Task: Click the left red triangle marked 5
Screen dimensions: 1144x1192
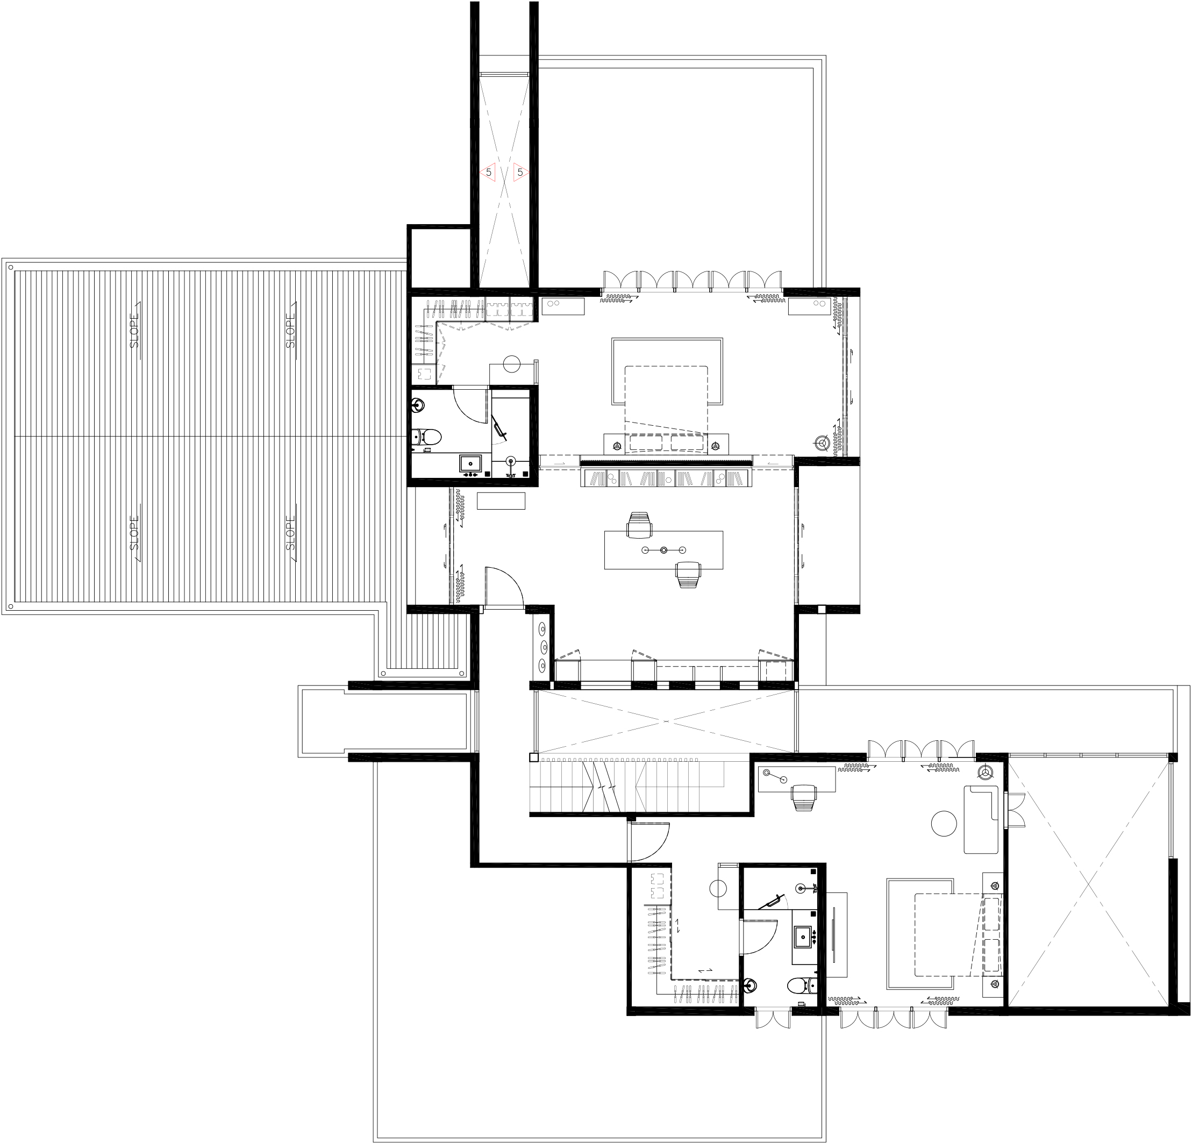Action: click(488, 173)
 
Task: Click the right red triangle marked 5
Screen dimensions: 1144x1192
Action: click(520, 173)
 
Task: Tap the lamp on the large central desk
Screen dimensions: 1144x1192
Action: click(663, 550)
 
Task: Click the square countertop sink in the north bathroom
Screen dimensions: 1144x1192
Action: click(470, 463)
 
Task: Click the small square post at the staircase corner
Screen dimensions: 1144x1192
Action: click(533, 757)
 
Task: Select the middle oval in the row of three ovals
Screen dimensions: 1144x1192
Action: click(543, 646)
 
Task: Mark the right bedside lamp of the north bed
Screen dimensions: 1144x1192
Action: click(716, 446)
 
